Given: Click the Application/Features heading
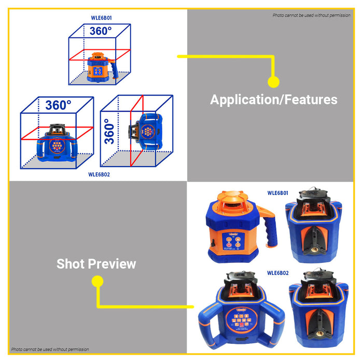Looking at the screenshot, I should (273, 100).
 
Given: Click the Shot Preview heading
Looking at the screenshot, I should (96, 263).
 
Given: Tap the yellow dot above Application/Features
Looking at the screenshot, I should (273, 81).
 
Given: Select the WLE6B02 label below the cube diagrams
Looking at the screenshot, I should (100, 174).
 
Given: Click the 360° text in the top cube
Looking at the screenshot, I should (100, 31).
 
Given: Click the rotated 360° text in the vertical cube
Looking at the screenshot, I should (109, 131).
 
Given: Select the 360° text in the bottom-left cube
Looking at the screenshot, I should (58, 105).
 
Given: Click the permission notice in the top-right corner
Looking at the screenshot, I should (312, 15).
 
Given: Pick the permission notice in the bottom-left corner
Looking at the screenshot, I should (50, 350).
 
